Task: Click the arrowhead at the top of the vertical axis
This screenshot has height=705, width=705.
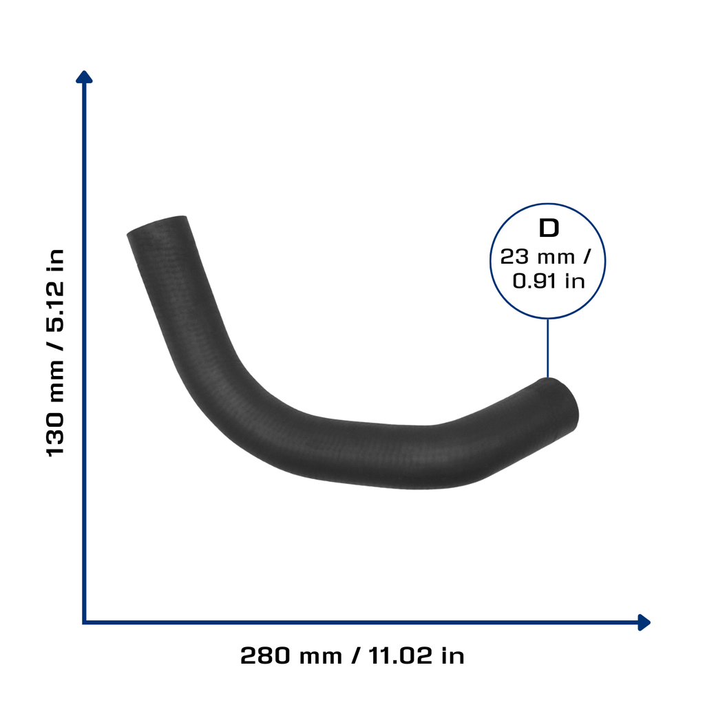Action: (84, 77)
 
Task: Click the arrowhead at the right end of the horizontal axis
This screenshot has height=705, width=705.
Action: (644, 622)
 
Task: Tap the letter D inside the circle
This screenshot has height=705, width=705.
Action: (549, 228)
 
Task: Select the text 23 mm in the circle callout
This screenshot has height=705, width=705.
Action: (537, 257)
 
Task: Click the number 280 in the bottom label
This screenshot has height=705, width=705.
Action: (266, 655)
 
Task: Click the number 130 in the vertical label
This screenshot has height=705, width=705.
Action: (55, 433)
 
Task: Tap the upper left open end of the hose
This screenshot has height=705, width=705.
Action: (156, 225)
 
